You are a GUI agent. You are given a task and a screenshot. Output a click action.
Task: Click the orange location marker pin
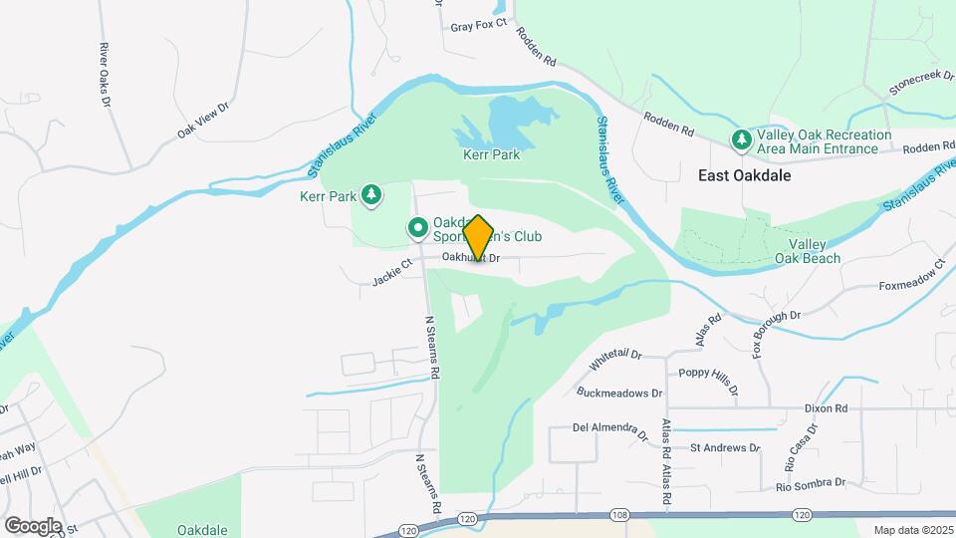[478, 238]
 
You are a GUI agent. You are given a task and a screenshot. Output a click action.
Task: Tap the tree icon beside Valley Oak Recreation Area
[741, 141]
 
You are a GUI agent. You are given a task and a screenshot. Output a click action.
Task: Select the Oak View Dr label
[203, 119]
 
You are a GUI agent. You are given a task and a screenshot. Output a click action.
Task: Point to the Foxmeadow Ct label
[910, 279]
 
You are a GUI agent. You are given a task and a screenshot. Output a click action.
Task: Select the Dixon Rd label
[827, 408]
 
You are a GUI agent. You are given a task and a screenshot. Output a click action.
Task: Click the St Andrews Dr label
[724, 448]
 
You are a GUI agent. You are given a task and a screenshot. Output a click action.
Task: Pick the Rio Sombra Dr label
[811, 484]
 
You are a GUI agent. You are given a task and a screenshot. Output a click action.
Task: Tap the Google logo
[33, 525]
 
